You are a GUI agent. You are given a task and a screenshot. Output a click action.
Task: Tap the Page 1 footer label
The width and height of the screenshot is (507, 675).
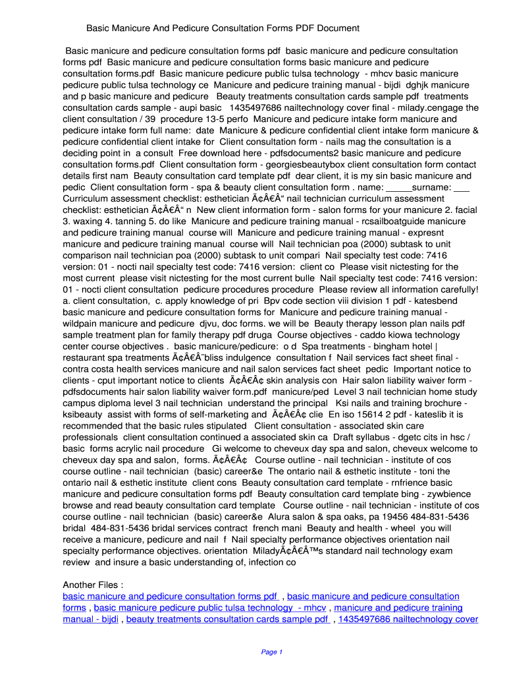click(x=271, y=653)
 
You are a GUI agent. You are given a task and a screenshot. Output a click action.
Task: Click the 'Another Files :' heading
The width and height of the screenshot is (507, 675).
click(x=92, y=585)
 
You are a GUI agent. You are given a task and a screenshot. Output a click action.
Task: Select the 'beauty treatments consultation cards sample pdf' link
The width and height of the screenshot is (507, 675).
click(x=227, y=619)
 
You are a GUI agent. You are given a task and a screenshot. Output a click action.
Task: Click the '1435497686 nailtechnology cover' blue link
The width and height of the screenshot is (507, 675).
click(x=408, y=619)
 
